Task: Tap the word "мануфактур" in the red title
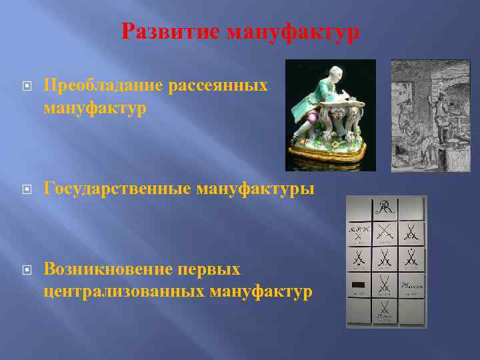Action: click(293, 31)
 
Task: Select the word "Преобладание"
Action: click(105, 85)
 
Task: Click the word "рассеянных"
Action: click(220, 85)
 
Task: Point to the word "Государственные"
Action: click(117, 189)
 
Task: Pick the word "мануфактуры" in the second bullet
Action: click(255, 189)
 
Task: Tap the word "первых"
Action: click(213, 270)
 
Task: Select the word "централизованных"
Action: click(124, 291)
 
